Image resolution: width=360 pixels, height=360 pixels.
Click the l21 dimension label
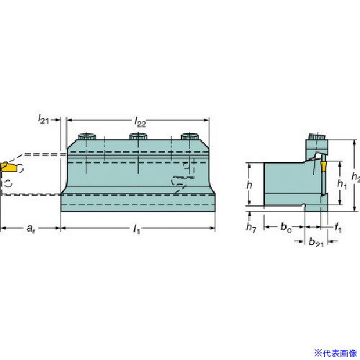point(43,119)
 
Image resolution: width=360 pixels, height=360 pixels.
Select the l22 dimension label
point(140,122)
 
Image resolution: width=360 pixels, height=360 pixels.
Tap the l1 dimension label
point(137,229)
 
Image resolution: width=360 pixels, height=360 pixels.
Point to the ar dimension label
point(31,228)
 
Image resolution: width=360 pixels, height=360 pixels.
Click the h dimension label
point(250,185)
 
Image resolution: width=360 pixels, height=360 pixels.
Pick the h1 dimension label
point(342,184)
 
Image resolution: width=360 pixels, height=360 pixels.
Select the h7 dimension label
point(251,227)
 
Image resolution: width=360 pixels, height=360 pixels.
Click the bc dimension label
point(286,227)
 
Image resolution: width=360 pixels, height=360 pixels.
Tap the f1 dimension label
point(338,228)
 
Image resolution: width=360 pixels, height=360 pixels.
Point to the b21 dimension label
point(316,242)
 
